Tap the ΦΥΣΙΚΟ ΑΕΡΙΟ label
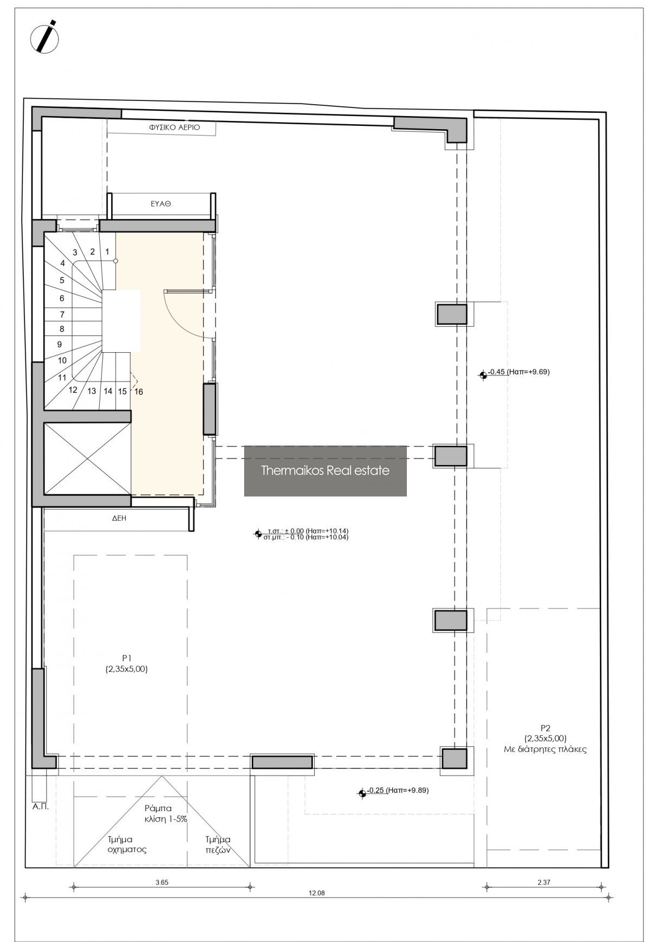click(175, 128)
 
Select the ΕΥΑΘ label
click(161, 205)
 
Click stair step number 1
click(107, 252)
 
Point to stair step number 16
click(139, 392)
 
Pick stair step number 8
click(62, 329)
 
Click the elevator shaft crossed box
click(87, 459)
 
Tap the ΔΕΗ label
click(119, 518)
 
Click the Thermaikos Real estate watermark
click(325, 470)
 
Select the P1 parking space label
click(127, 664)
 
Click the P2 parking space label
click(545, 739)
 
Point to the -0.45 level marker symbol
click(483, 374)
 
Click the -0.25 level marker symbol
click(362, 793)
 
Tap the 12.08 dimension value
click(316, 893)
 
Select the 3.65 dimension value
click(162, 882)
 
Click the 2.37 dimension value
click(544, 882)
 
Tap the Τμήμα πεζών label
click(218, 844)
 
